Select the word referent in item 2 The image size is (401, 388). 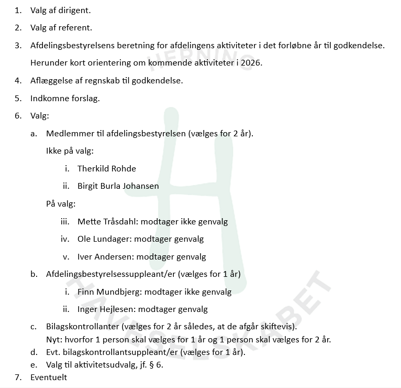[x=75, y=28]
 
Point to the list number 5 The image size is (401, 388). [x=18, y=98]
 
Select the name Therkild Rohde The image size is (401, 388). [x=106, y=168]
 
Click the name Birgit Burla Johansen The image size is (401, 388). [x=118, y=186]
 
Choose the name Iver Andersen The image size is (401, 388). [x=105, y=257]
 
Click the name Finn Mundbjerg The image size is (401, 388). [x=108, y=292]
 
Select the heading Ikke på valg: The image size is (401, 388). [x=70, y=151]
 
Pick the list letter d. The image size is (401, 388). [x=34, y=352]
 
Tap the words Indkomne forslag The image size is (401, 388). [x=65, y=98]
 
